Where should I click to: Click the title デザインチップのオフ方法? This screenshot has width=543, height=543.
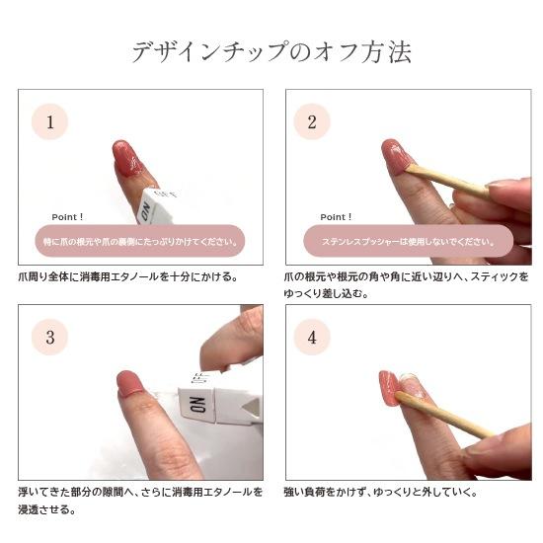click(271, 52)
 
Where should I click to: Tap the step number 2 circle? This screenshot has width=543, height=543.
click(312, 122)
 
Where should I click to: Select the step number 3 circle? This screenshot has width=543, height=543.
click(49, 337)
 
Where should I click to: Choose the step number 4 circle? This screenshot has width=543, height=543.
click(312, 337)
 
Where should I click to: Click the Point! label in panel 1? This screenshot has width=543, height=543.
click(68, 216)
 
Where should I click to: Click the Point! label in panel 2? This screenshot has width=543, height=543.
click(336, 216)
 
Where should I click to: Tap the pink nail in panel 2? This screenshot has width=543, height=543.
click(398, 156)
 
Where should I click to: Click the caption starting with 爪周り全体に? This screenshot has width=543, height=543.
click(128, 276)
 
